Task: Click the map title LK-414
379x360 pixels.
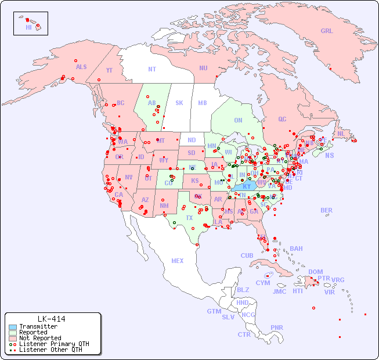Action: pos(51,319)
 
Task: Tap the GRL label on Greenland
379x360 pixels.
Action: pos(327,31)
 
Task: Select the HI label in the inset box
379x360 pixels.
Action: pos(28,27)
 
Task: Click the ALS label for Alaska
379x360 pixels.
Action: pos(81,67)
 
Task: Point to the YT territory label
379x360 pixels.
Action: pos(109,70)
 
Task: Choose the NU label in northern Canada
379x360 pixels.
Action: pos(203,68)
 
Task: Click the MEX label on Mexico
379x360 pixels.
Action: pos(178,261)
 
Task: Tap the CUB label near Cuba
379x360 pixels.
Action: pos(247,255)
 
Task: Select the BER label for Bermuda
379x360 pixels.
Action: pos(327,210)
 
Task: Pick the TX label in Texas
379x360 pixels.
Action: pos(189,218)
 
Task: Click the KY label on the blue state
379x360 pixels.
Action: pos(247,186)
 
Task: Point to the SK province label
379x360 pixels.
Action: pos(179,103)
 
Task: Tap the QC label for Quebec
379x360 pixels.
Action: pos(282,119)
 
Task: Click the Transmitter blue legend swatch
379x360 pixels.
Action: pos(12,327)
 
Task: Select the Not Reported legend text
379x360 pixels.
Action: pos(40,338)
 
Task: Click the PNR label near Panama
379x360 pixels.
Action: pos(277,327)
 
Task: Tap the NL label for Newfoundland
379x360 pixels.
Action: pos(341,133)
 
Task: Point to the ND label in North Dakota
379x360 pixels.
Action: pos(192,140)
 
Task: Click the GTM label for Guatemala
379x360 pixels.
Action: pos(214,311)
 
